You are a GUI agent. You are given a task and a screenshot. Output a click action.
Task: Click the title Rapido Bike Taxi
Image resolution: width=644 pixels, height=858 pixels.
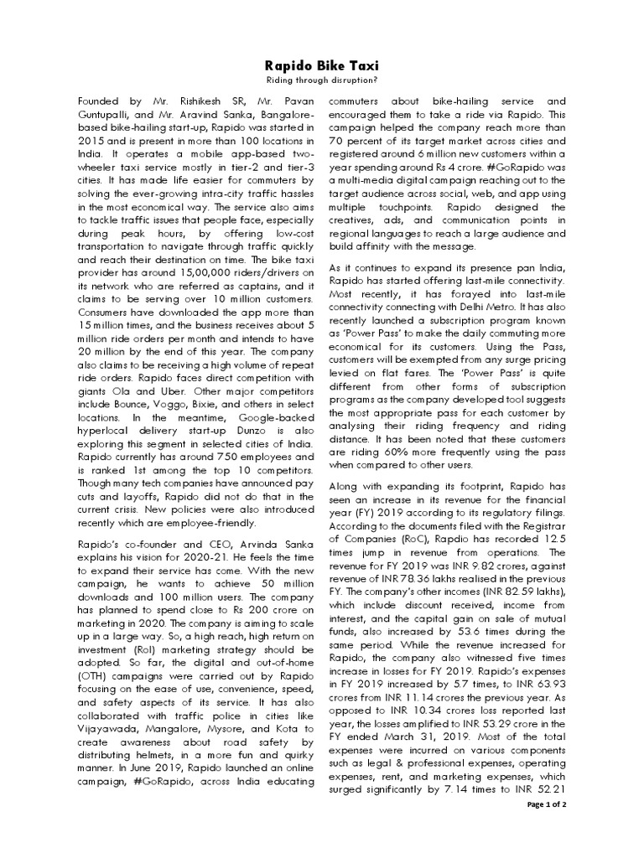(x=322, y=64)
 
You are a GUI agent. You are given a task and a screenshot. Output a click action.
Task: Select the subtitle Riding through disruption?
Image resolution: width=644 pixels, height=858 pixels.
(x=322, y=80)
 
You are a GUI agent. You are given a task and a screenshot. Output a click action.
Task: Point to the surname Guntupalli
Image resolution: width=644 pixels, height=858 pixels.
(x=108, y=112)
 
